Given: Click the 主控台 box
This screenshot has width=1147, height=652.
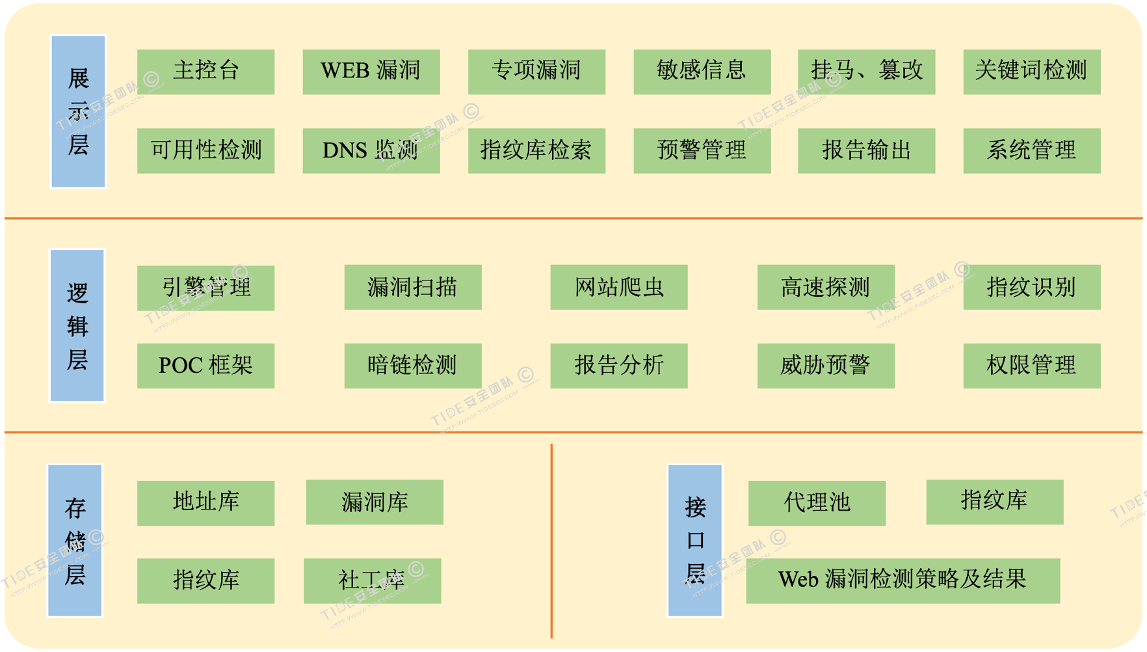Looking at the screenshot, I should pos(205,72).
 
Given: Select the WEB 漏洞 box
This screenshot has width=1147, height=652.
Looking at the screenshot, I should pos(371,72).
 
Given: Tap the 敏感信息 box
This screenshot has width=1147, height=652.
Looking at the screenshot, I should pos(702,72).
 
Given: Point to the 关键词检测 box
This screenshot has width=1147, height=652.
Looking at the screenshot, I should pos(1031,72).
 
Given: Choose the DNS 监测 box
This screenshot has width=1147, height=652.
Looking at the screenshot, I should pos(371,150).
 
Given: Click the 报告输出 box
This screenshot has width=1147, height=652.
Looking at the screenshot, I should pos(866,150).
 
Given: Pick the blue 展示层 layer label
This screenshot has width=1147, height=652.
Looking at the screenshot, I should pos(78,111).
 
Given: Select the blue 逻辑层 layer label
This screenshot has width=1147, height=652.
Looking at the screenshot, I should pos(77,325).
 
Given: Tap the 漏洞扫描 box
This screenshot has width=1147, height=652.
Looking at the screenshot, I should pos(412,287).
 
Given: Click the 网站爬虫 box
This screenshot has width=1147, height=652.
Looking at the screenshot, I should pos(618,287).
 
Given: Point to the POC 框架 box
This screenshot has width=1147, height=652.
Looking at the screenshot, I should pos(205,366).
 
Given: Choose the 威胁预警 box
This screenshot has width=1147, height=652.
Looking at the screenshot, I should pos(825,366).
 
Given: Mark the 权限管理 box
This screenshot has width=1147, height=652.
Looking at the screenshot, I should pos(1031,366).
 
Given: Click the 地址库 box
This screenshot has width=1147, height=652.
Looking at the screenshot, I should pos(205,502).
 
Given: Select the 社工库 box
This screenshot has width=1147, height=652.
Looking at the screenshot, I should pos(372,580).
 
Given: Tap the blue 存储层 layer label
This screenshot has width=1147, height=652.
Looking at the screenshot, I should pos(75,540).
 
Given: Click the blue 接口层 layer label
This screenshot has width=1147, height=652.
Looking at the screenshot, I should pos(694,540).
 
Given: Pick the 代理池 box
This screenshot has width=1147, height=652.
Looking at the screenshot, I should pos(817,502).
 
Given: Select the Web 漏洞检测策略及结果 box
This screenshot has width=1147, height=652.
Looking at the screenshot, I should pos(903,580).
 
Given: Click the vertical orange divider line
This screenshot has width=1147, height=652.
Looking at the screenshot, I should pos(551,540).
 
